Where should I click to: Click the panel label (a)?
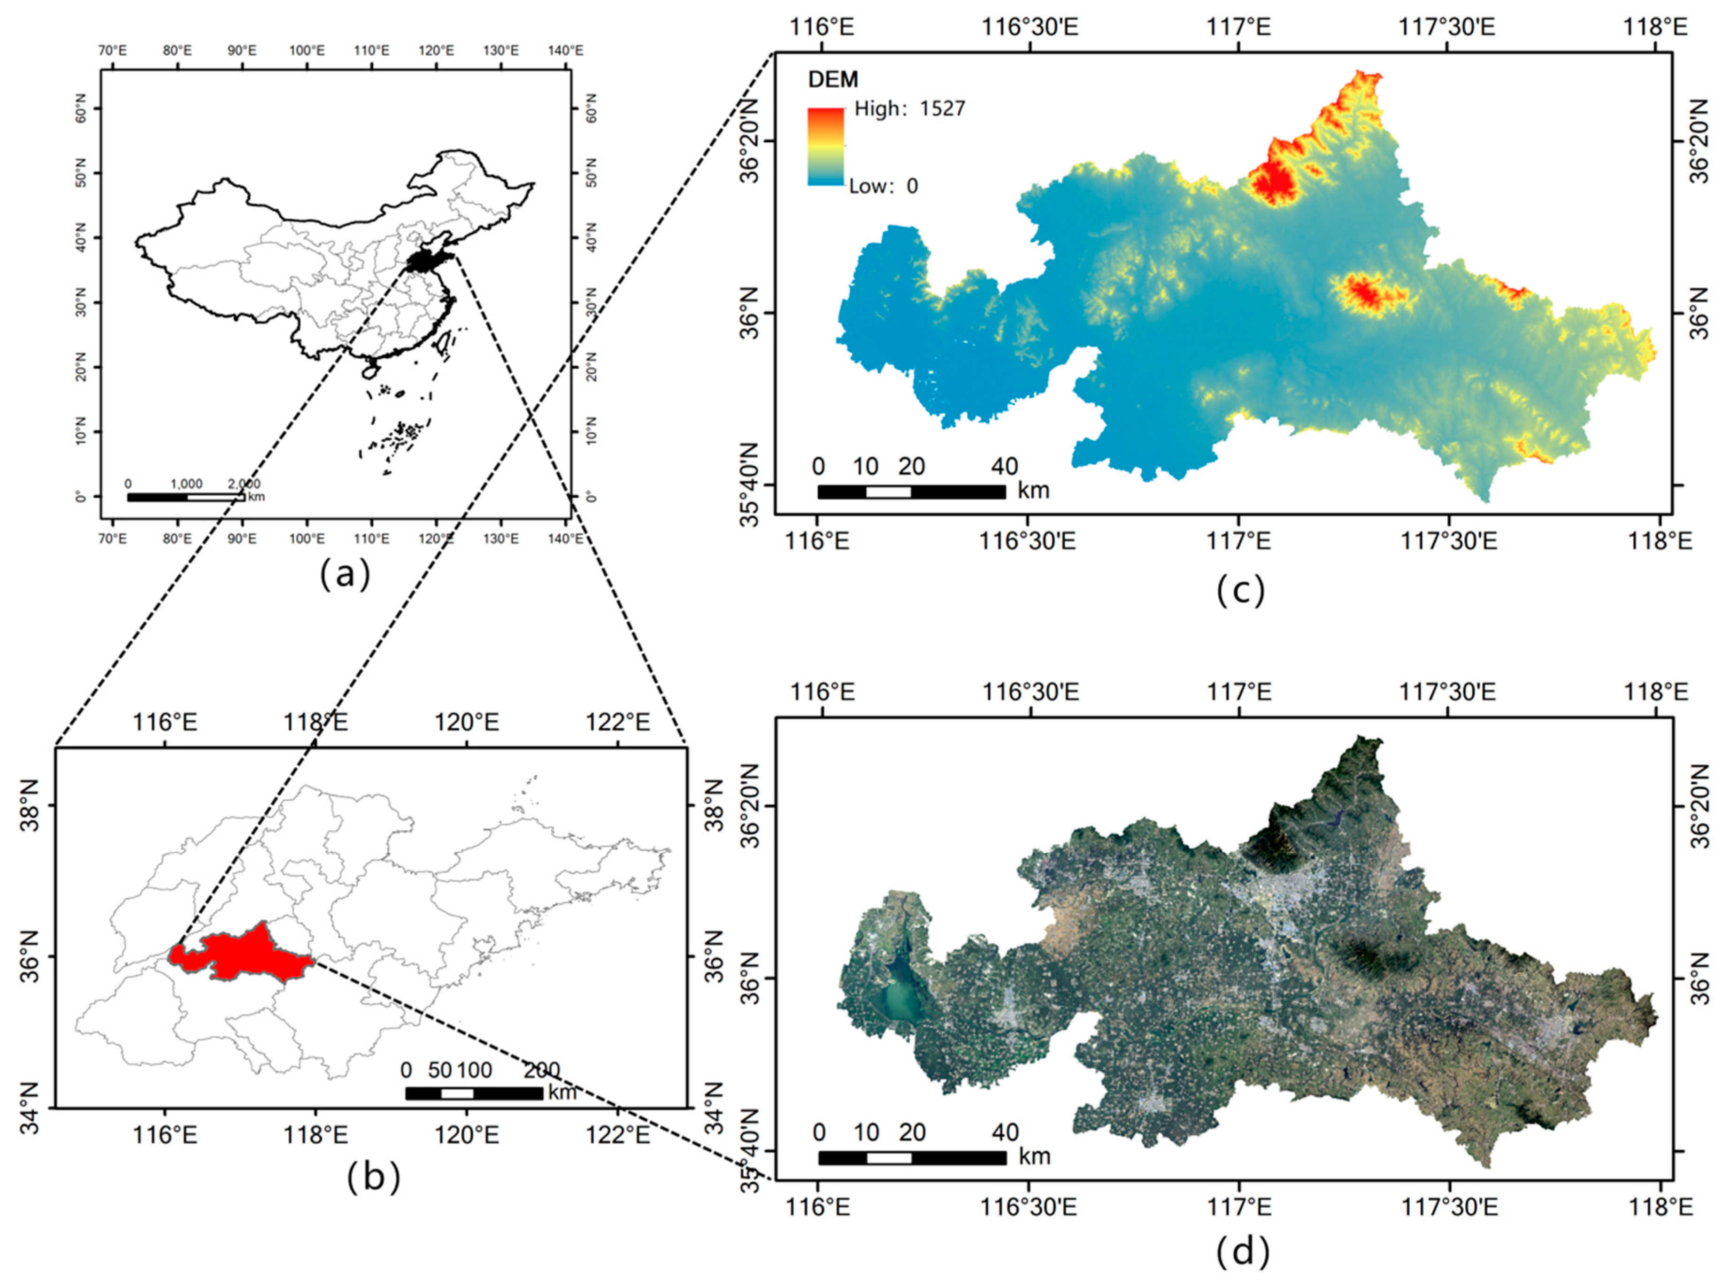coord(346,575)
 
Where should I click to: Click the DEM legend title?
coord(832,79)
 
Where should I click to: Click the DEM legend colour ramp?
coord(825,146)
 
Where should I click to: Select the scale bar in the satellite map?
coord(912,1157)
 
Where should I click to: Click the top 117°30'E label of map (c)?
coord(1447,27)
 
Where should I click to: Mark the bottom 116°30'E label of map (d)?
coord(1028,1207)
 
